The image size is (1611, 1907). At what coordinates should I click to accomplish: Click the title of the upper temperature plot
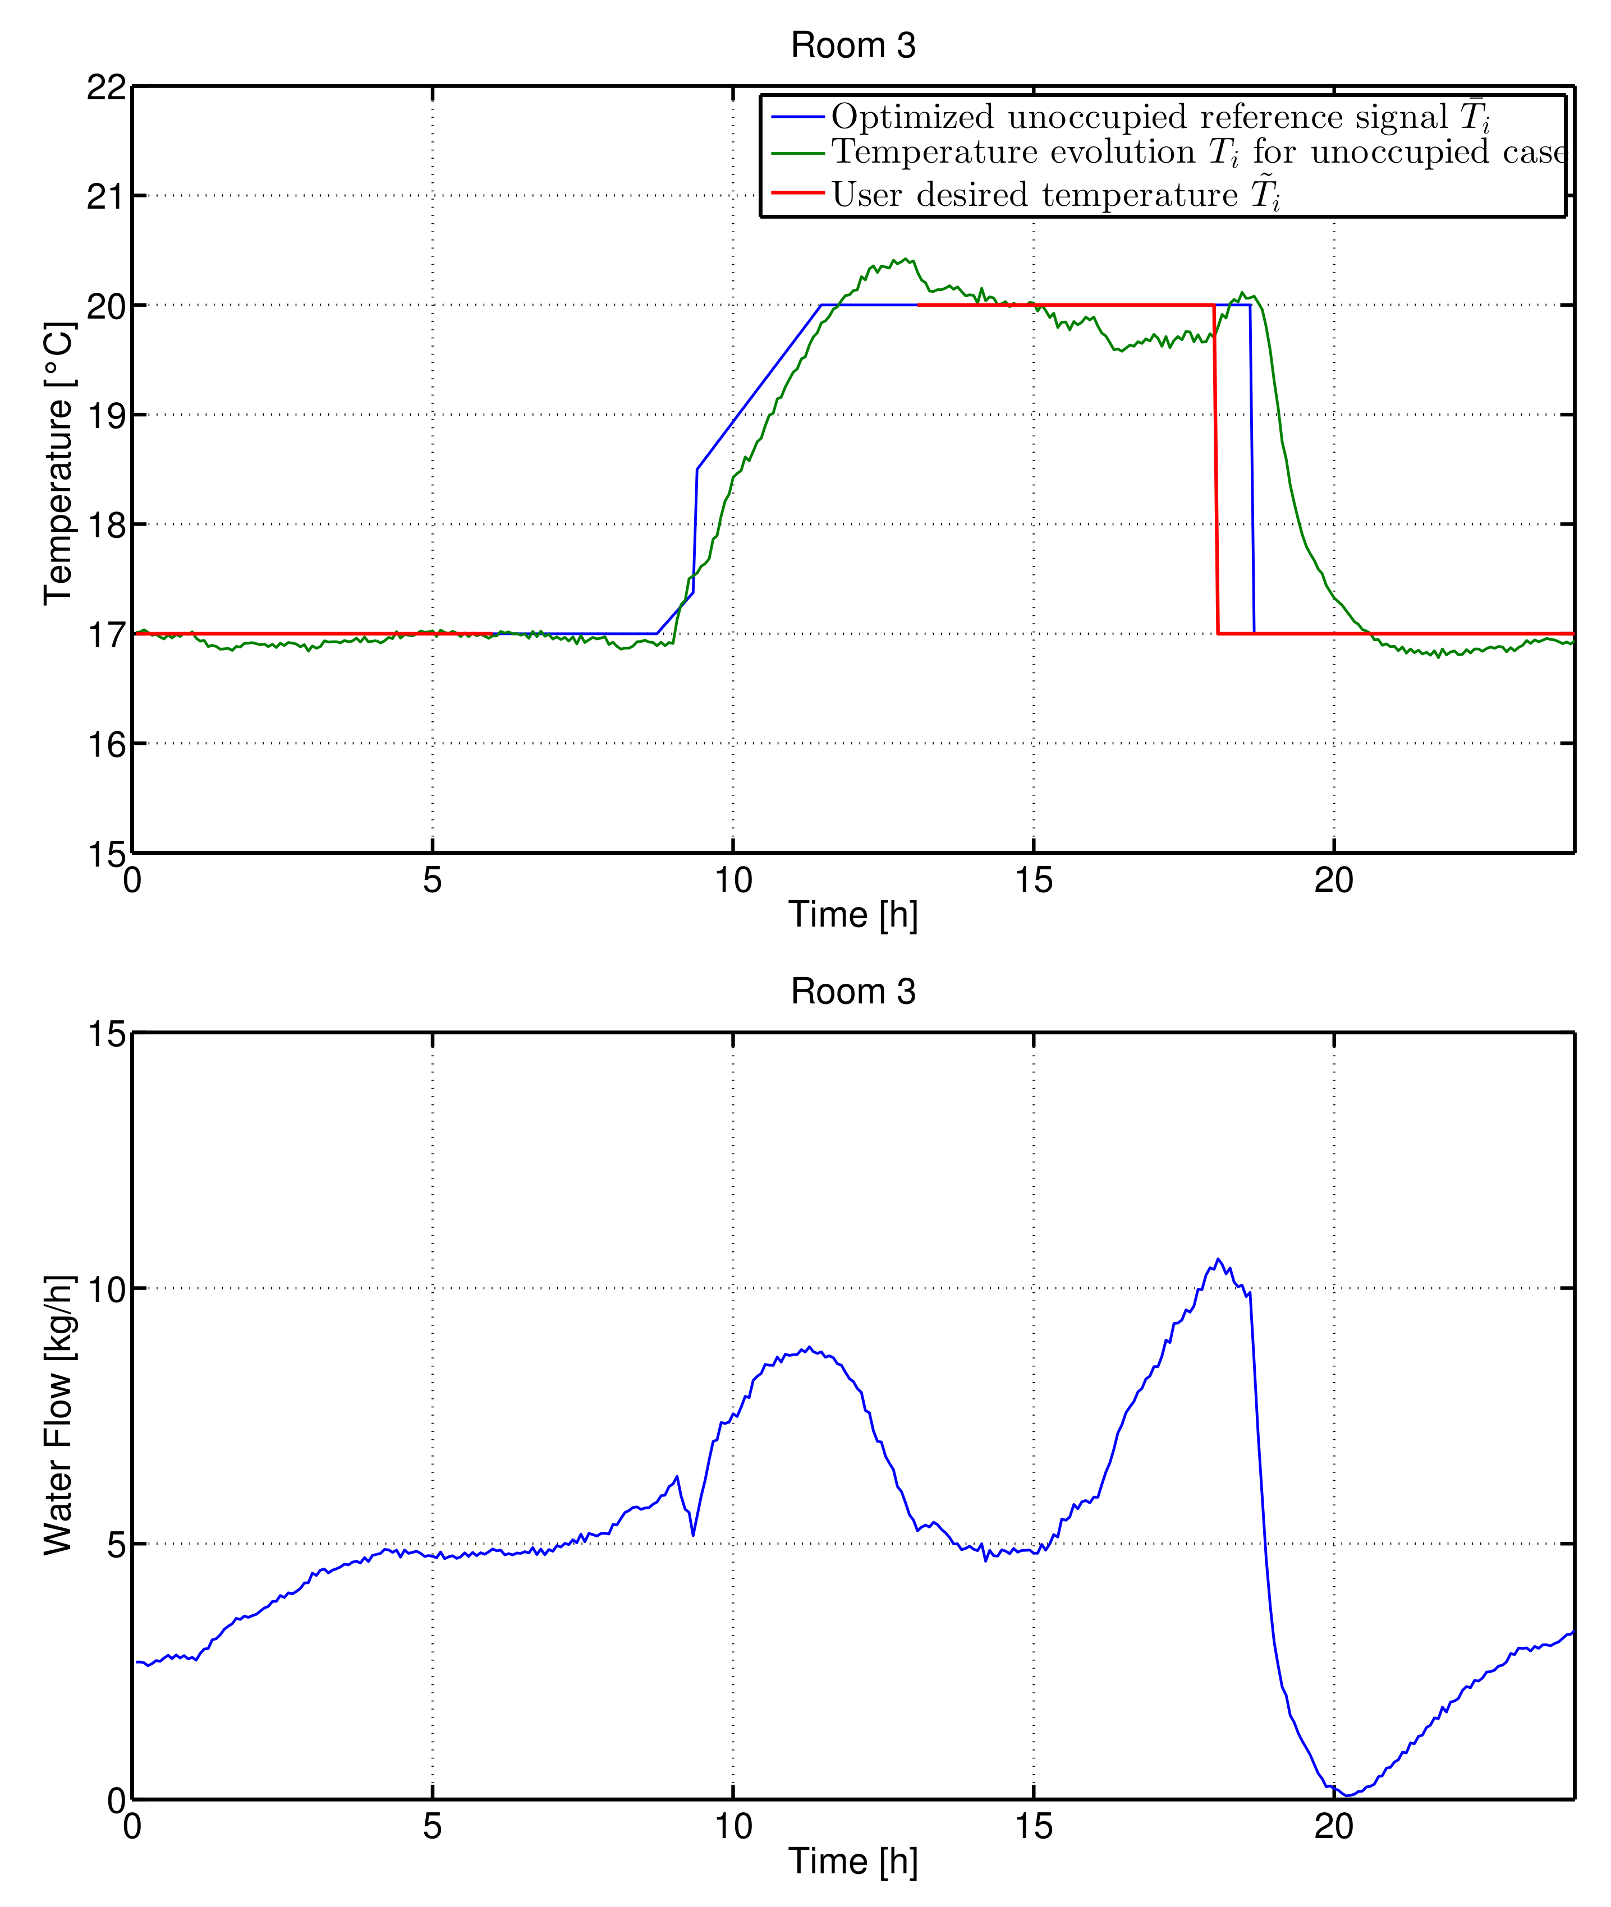point(852,45)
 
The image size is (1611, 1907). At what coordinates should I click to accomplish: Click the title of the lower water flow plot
point(852,992)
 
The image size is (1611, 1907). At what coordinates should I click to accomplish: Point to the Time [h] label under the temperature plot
point(852,915)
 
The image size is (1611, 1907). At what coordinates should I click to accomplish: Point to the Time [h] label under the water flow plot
point(852,1862)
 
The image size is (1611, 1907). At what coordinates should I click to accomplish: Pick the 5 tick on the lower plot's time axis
point(432,1827)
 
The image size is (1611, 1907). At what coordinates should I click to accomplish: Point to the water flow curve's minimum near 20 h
point(1348,1795)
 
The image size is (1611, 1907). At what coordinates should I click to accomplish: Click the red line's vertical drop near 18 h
point(1215,466)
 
